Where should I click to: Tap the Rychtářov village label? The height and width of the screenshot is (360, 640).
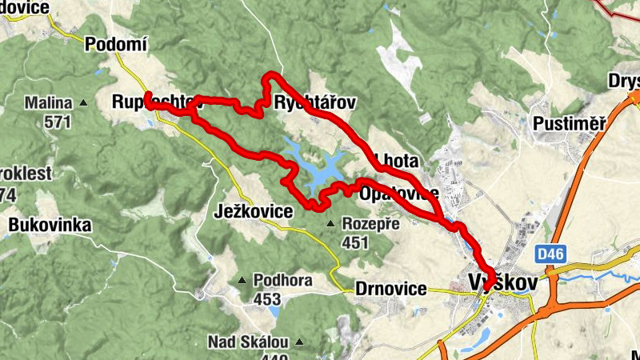pos(314,103)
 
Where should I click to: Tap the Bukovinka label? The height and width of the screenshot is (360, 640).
pos(50,226)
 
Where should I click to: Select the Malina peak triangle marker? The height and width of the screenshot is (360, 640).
pos(84,103)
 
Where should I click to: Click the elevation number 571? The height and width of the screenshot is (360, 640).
pos(58,122)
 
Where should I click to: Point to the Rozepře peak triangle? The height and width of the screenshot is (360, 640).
pos(330,224)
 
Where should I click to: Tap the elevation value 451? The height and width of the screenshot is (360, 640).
pos(354,242)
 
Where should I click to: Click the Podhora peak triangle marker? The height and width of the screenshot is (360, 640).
pos(242,281)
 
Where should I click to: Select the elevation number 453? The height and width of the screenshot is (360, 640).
pos(266,299)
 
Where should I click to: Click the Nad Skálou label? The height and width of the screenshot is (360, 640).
pos(247,342)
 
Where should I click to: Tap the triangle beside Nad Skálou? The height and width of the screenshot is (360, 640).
pos(299,342)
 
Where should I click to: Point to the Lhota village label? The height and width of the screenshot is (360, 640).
pos(395,161)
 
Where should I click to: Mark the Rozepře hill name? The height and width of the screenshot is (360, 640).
pos(370,224)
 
